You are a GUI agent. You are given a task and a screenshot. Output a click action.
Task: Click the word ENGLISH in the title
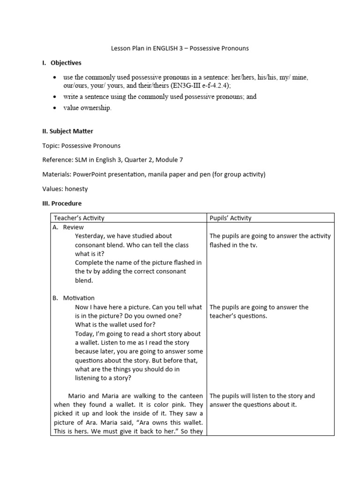click(165, 48)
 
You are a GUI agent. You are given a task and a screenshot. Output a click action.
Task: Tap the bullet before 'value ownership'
click(55, 108)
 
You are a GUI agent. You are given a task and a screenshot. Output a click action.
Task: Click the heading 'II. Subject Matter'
click(67, 131)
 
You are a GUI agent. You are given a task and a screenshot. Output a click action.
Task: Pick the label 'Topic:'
click(51, 146)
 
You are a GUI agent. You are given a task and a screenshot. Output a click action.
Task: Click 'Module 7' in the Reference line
click(166, 160)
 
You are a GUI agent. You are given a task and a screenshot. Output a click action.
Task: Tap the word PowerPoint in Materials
click(92, 174)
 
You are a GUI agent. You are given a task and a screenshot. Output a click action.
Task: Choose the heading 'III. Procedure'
click(62, 203)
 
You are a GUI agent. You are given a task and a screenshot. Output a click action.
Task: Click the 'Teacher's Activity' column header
click(79, 218)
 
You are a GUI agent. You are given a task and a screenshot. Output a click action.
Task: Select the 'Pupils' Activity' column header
click(231, 218)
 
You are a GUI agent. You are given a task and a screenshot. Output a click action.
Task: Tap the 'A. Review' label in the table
click(69, 227)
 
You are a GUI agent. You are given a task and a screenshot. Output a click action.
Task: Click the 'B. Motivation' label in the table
click(74, 298)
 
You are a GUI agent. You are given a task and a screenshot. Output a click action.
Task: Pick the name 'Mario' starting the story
click(77, 396)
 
